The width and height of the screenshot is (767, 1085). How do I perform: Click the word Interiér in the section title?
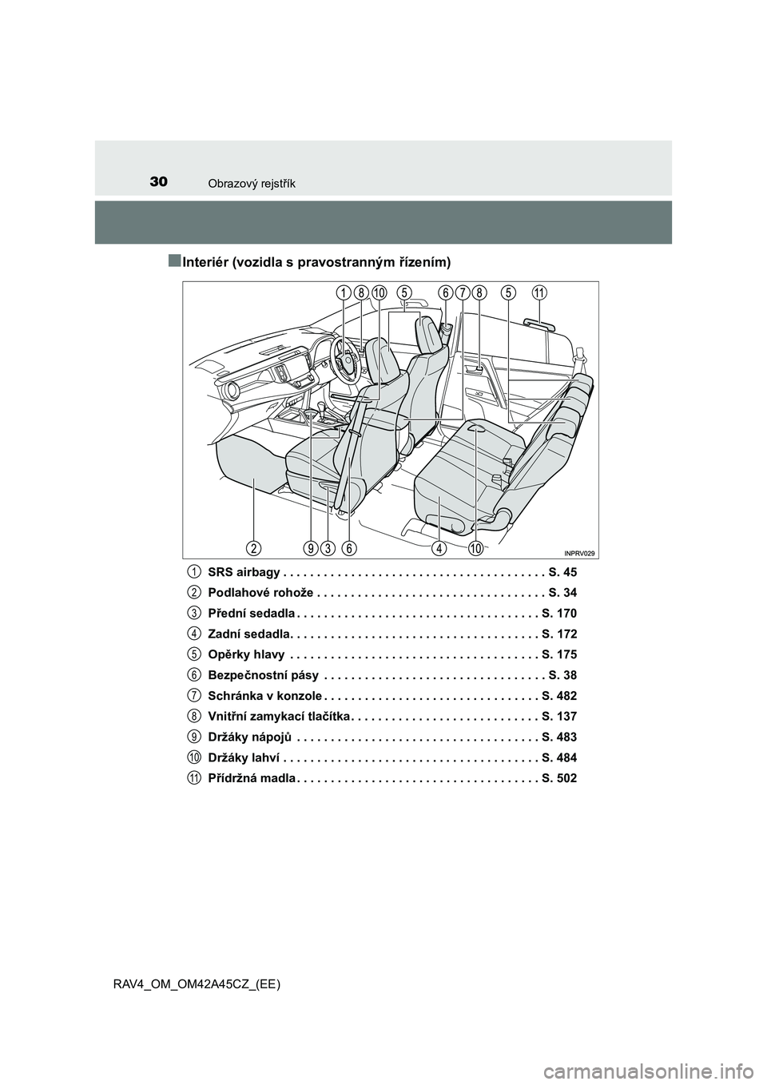(x=205, y=262)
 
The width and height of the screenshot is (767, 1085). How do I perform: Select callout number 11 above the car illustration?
(x=539, y=293)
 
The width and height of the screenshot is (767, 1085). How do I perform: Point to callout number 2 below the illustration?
(x=253, y=547)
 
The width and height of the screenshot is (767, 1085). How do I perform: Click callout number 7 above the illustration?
(x=462, y=293)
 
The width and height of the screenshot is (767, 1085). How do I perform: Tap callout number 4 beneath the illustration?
(x=439, y=547)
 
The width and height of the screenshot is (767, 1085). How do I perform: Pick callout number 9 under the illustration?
(x=311, y=547)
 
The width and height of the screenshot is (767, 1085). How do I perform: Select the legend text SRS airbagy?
(x=243, y=572)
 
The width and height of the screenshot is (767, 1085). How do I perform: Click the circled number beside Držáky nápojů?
(x=194, y=736)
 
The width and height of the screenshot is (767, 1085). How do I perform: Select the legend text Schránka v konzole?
(x=264, y=695)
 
